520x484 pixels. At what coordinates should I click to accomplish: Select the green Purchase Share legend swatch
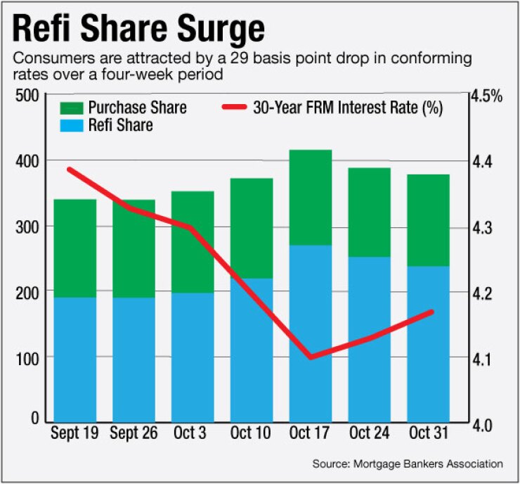click(x=71, y=108)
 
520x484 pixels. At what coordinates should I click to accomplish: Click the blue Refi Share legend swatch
click(x=71, y=125)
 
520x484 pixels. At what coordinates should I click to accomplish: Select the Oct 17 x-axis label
click(x=311, y=432)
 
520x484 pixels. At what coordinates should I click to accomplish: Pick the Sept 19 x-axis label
click(x=74, y=432)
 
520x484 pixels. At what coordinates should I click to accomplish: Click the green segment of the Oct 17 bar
click(x=311, y=197)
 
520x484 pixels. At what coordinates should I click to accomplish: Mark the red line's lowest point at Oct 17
click(x=311, y=357)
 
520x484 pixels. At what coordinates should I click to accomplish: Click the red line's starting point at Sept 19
click(x=69, y=169)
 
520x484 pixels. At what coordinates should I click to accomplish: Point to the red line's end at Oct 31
click(x=432, y=312)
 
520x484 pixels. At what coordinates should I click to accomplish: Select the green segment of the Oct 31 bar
click(x=428, y=219)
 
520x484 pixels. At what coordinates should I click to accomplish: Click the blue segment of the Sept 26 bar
click(x=134, y=359)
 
